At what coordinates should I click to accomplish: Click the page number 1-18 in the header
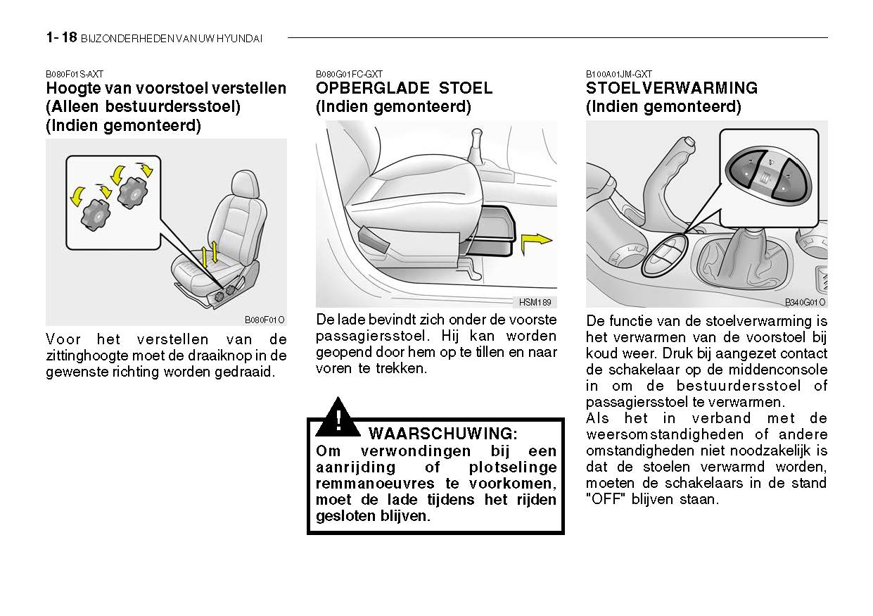[61, 38]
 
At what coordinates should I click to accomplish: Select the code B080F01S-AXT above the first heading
[75, 74]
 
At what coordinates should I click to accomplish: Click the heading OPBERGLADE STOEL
[404, 89]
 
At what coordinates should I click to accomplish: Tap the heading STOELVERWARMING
[671, 89]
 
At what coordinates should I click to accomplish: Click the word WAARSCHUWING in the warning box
[443, 433]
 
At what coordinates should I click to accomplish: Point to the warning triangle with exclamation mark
[338, 419]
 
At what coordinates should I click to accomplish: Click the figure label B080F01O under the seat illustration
[265, 319]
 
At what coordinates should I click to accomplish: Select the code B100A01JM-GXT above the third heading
[618, 74]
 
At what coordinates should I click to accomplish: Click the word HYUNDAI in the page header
[240, 39]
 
